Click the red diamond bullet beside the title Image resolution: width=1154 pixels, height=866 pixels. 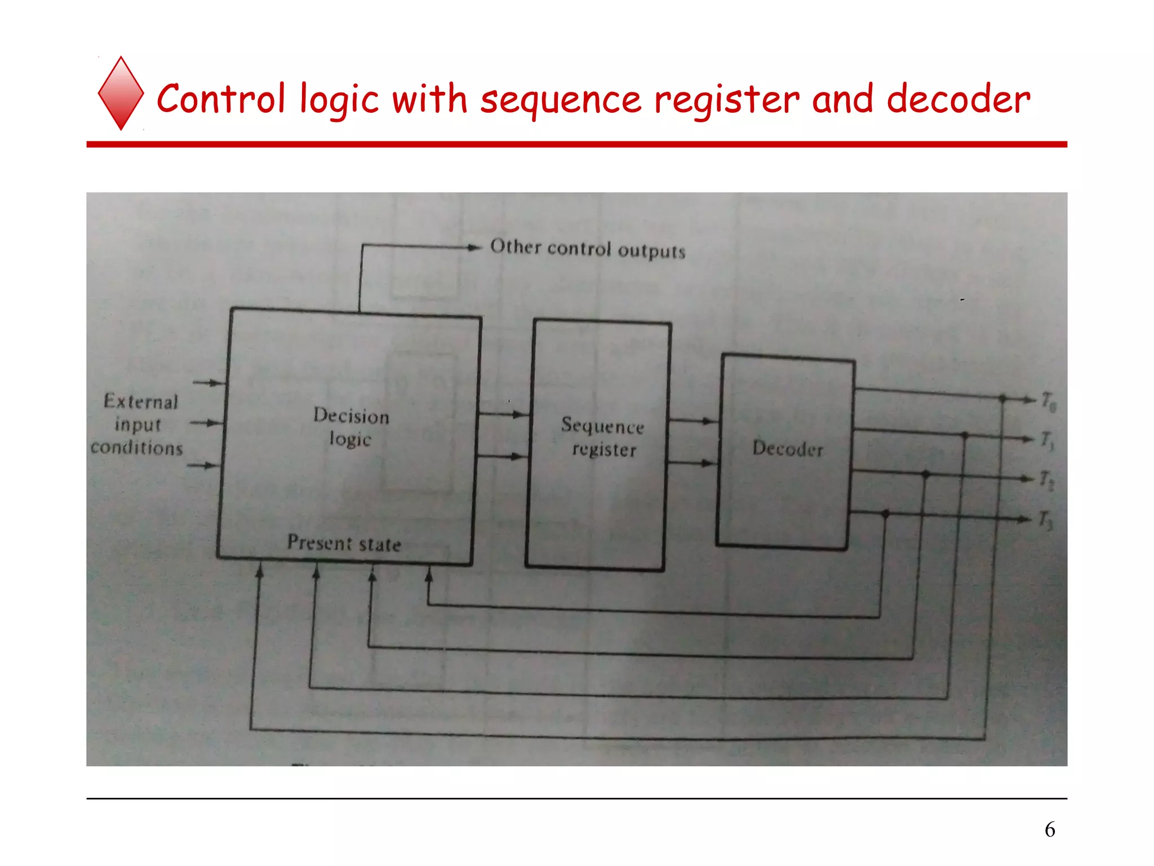point(121,94)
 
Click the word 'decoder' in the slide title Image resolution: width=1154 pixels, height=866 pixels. point(958,99)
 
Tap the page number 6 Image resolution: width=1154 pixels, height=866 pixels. point(1050,829)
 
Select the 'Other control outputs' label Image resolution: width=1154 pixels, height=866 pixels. point(588,249)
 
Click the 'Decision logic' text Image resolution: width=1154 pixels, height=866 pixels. point(350,427)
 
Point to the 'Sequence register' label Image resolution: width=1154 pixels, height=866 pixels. point(602,437)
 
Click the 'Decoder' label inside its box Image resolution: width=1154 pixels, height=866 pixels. point(788,448)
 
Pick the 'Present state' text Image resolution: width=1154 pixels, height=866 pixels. point(344,543)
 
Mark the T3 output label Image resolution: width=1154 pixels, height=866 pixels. point(1046,520)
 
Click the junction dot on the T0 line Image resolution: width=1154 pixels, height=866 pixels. point(1002,399)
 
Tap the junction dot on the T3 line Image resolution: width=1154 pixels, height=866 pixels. point(885,513)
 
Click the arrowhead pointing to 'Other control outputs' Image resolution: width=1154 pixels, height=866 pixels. point(473,247)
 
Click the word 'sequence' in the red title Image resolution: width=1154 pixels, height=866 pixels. point(561,100)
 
